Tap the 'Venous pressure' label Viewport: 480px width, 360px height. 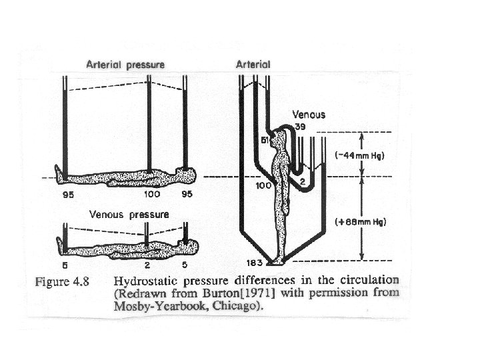[x=129, y=215]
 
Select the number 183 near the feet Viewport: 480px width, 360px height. [x=254, y=263]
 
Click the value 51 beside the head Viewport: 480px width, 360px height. [x=265, y=141]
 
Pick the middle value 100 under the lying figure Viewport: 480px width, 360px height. [x=152, y=195]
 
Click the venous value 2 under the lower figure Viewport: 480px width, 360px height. [x=147, y=265]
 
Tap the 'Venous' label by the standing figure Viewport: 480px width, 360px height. [x=309, y=114]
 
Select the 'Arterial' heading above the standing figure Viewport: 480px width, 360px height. [x=253, y=65]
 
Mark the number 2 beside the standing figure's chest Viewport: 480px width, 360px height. [x=302, y=181]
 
